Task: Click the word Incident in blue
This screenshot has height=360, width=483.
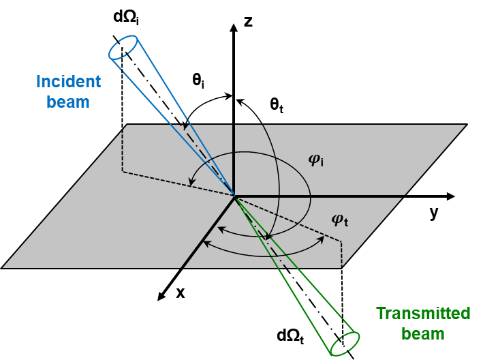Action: (x=68, y=82)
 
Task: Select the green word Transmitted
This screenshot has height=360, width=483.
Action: (x=423, y=314)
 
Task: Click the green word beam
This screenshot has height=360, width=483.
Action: (x=422, y=334)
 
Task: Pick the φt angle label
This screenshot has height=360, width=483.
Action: (x=339, y=219)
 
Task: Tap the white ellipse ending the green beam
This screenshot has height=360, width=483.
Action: (x=345, y=344)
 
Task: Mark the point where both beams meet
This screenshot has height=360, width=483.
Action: (x=234, y=196)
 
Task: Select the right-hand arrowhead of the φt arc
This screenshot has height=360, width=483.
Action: (x=320, y=241)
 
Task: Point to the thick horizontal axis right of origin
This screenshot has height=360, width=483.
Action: (x=320, y=196)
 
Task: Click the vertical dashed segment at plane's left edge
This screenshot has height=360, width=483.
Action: (x=123, y=149)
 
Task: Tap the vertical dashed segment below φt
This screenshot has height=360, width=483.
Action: (x=341, y=252)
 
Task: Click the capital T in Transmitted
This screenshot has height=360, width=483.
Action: (x=381, y=314)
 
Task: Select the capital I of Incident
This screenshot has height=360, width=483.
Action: (x=38, y=82)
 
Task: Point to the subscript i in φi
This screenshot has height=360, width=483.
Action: (x=322, y=163)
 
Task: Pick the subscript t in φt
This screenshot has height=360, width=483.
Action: (x=345, y=222)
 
